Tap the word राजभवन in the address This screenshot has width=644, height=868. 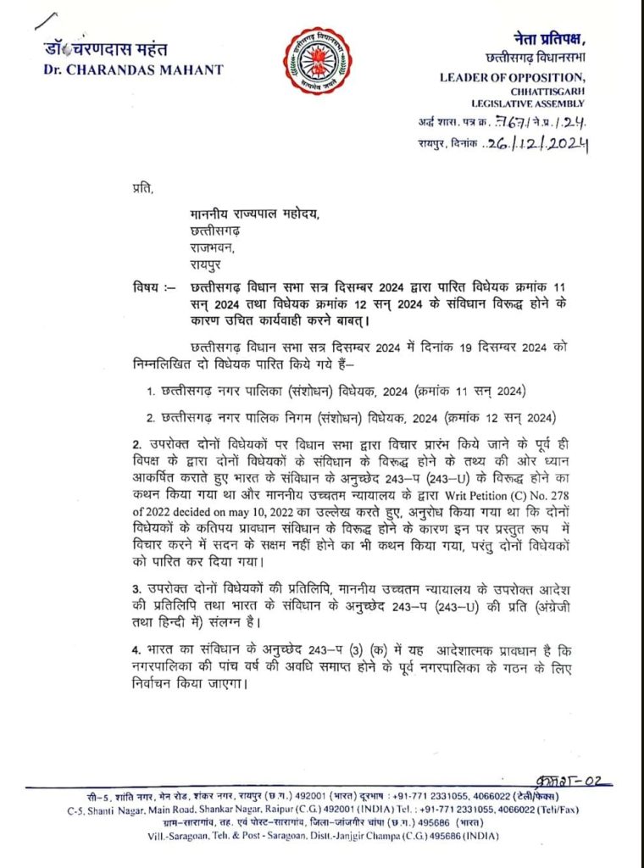(213, 245)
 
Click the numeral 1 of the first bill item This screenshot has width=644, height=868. (147, 391)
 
